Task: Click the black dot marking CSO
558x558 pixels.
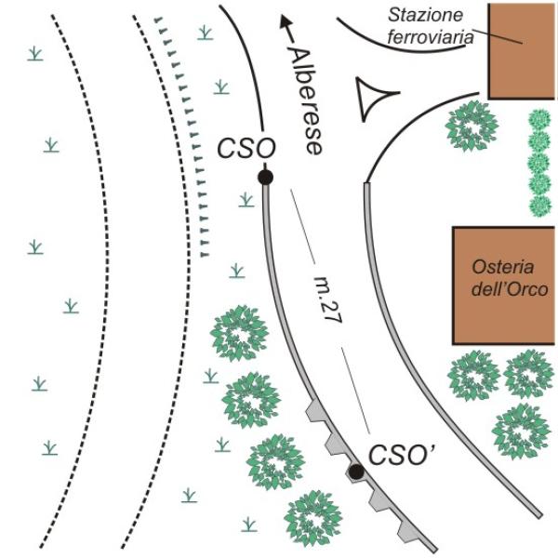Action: [x=265, y=177]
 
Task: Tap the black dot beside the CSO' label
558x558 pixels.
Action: [x=356, y=472]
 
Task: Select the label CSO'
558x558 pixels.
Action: [x=401, y=455]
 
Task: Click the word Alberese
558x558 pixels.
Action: [x=306, y=101]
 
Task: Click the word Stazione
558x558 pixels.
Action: [x=426, y=15]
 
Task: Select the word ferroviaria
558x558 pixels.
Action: [x=431, y=37]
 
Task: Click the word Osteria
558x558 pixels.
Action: [x=503, y=267]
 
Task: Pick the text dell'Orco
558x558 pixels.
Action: [x=510, y=289]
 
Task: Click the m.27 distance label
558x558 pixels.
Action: [x=328, y=299]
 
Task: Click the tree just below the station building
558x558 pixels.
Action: [x=472, y=126]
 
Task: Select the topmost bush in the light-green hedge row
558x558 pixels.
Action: [x=539, y=120]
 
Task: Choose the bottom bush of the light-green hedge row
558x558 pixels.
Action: [x=539, y=206]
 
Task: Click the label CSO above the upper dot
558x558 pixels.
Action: [x=246, y=149]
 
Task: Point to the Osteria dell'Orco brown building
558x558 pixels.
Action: [x=503, y=286]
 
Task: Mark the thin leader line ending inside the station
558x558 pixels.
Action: [x=498, y=36]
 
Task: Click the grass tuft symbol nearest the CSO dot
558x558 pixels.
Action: [x=246, y=200]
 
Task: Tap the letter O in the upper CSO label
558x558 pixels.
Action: [x=265, y=149]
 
